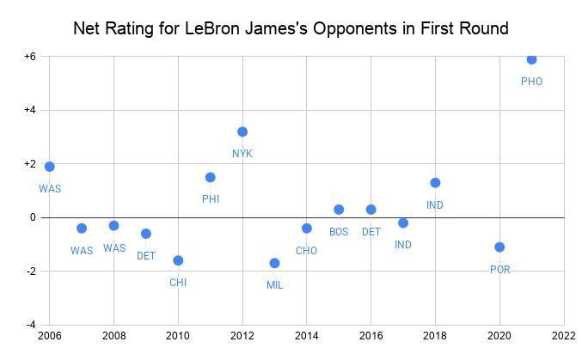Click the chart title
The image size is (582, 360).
click(291, 28)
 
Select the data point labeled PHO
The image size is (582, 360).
click(531, 59)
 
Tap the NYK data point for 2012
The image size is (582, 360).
click(242, 131)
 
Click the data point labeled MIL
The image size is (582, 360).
click(274, 263)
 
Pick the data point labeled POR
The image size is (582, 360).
click(499, 247)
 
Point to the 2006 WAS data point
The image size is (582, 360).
click(50, 167)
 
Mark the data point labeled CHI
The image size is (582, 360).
click(178, 260)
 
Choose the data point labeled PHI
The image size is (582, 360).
click(211, 177)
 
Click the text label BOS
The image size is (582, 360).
click(339, 232)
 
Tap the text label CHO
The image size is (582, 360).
click(306, 251)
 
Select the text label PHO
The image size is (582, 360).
click(531, 82)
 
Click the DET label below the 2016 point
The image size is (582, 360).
click(371, 232)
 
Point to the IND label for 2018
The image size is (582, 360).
click(435, 205)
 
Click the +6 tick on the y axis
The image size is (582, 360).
click(30, 57)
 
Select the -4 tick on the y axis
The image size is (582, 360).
click(32, 325)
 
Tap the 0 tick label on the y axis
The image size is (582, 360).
click(34, 217)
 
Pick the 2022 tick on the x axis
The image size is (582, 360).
click(564, 337)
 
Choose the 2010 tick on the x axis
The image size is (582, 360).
click(178, 337)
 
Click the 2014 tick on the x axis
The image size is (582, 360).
click(307, 337)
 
